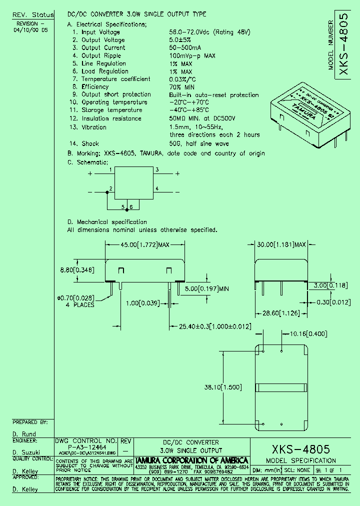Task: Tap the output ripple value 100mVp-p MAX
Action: (192, 55)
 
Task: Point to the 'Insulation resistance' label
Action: (111, 118)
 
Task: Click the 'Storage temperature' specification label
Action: (112, 110)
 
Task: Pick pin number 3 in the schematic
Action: (157, 170)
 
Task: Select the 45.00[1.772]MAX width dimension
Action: (146, 245)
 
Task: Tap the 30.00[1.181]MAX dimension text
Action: (281, 245)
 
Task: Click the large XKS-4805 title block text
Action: (300, 449)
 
